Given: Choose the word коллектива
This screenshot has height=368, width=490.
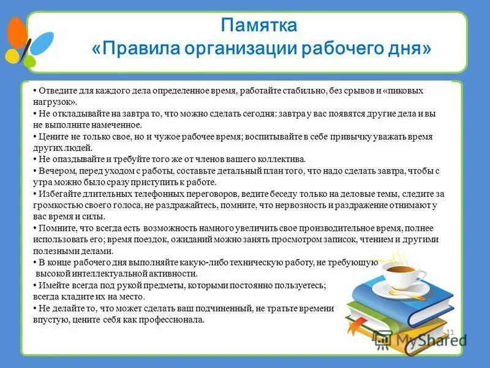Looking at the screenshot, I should click(x=271, y=159).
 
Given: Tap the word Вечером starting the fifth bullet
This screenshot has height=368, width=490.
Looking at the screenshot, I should click(x=55, y=171).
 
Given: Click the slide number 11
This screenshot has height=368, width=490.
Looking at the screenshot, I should click(x=450, y=332).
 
